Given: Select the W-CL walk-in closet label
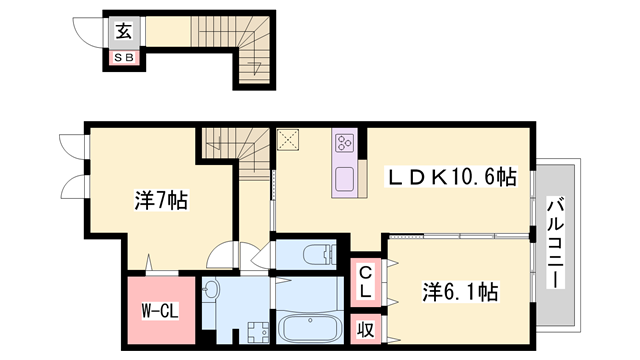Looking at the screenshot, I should (x=159, y=311).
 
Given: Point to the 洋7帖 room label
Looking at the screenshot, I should (x=161, y=200).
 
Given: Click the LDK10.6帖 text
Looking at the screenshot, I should (x=452, y=178).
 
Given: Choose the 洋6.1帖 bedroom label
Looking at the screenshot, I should (x=461, y=294).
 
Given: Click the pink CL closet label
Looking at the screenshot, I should (x=366, y=280).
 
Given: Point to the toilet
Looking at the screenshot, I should (x=312, y=254).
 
